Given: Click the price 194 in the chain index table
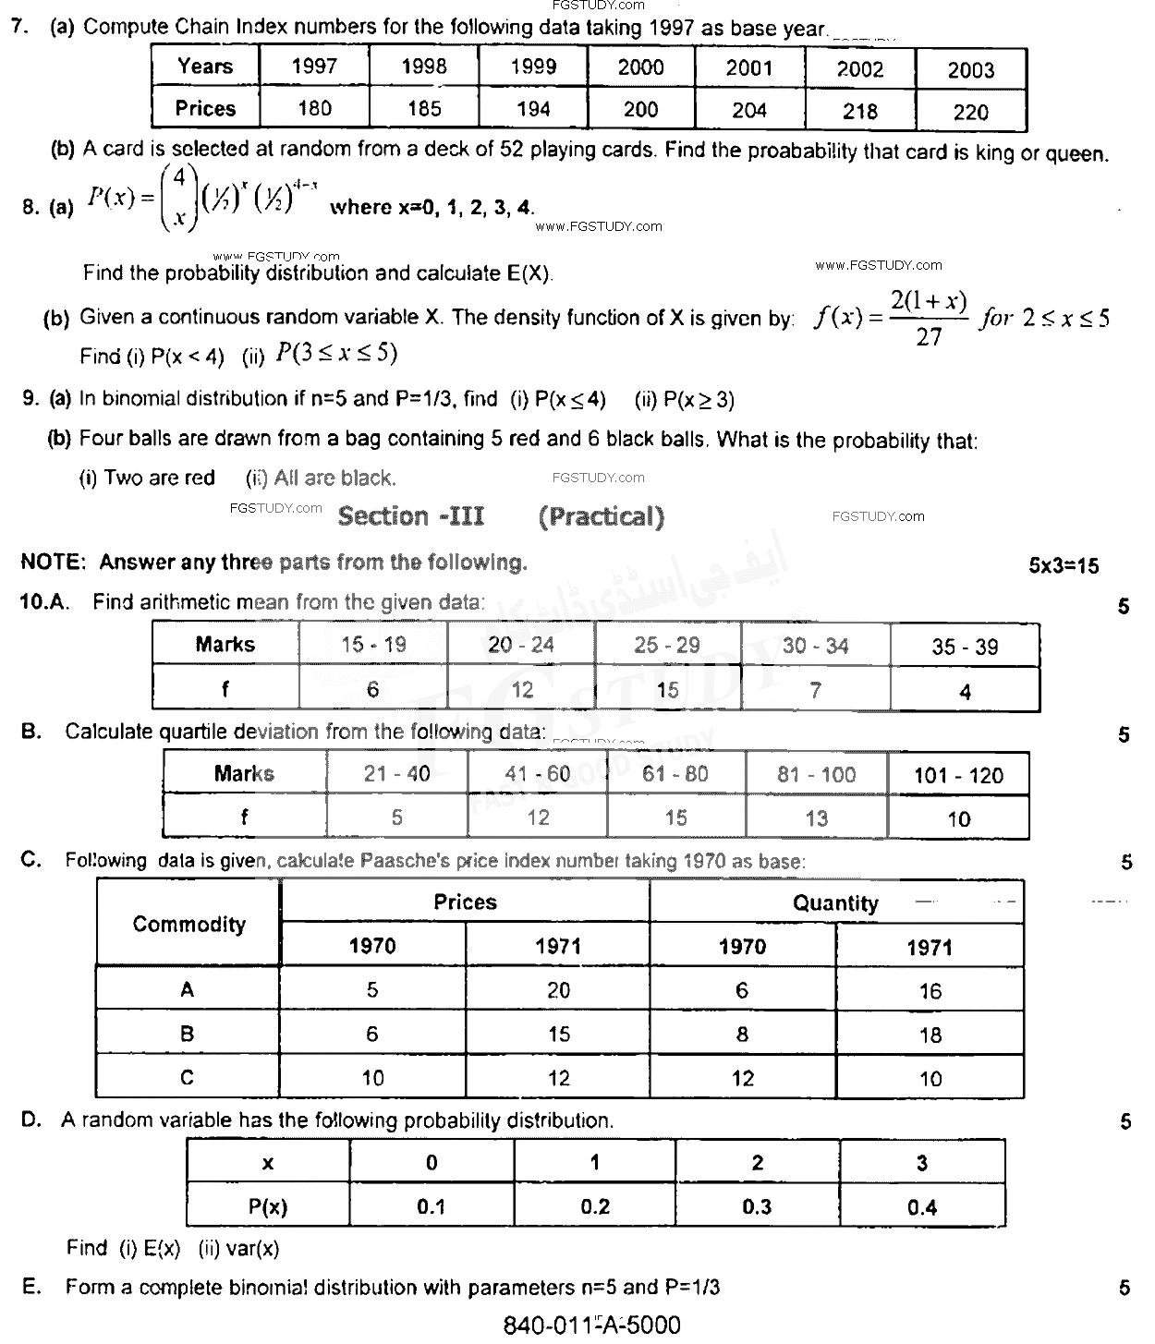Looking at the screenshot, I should [533, 109].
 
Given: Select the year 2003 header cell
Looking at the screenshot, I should [970, 70].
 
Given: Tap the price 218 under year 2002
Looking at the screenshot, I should [859, 111].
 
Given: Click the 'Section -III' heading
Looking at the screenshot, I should [410, 516].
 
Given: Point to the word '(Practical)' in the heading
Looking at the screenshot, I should [601, 516].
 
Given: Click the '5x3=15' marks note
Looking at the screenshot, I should [1064, 566].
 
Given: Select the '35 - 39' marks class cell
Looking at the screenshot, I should [965, 647].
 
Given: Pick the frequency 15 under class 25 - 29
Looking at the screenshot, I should [667, 690].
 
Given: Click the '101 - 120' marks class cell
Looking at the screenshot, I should [958, 775].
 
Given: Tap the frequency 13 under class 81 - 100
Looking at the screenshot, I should [816, 818].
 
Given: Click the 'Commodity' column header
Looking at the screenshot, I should [188, 924].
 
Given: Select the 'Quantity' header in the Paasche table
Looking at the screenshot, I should [835, 903].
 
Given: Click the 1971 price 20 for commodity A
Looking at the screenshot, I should [558, 990].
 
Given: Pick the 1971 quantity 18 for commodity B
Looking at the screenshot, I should [930, 1035].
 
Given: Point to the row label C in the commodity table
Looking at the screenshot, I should [188, 1077].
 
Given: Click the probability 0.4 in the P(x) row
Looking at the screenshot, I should [921, 1207].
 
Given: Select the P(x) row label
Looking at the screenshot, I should [268, 1206].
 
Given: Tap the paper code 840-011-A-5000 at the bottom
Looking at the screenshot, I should [591, 1326].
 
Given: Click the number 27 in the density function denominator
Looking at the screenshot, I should [928, 337].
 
